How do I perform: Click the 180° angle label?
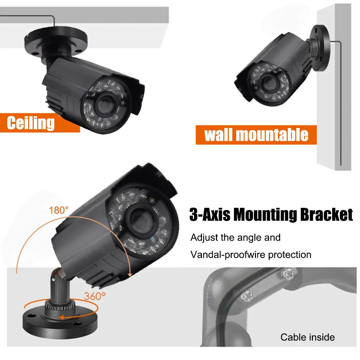59,210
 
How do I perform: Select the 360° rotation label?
95,296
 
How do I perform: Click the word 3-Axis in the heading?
210,215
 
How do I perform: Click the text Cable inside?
308,337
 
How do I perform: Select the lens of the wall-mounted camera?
268,83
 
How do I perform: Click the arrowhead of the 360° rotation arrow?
61,317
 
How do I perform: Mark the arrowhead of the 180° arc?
130,275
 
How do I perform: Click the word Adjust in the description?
204,238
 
